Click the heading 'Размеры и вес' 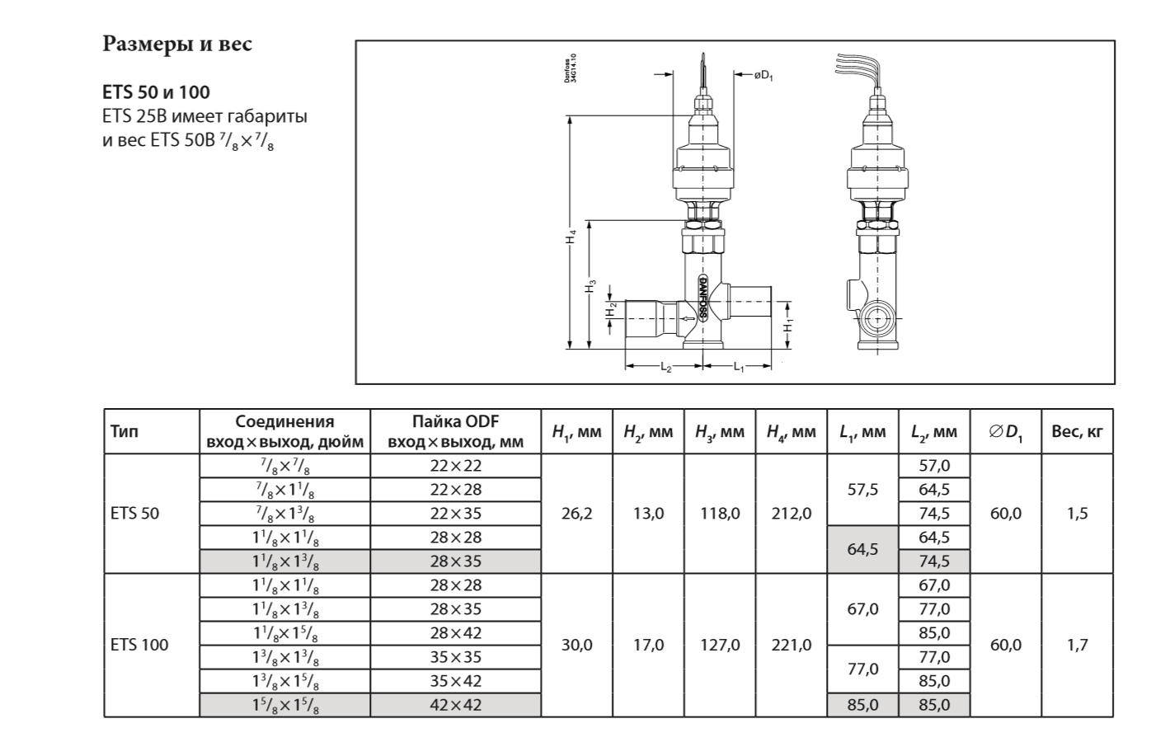(x=177, y=44)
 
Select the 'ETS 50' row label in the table (x=135, y=514)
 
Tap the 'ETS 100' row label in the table (x=139, y=645)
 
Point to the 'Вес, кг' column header (x=1077, y=431)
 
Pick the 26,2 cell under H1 (x=576, y=514)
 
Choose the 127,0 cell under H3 (x=720, y=645)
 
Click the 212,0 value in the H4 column (x=792, y=514)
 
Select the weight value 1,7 (x=1077, y=645)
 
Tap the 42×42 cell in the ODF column (x=455, y=705)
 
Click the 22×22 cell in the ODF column (x=455, y=466)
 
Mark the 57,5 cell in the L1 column (x=862, y=490)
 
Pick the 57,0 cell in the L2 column (x=934, y=466)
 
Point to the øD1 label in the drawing (x=763, y=76)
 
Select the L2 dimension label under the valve (x=666, y=368)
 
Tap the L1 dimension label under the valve (x=740, y=368)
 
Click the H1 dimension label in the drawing (x=788, y=325)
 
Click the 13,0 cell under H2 (x=648, y=514)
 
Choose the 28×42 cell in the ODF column (x=455, y=633)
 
